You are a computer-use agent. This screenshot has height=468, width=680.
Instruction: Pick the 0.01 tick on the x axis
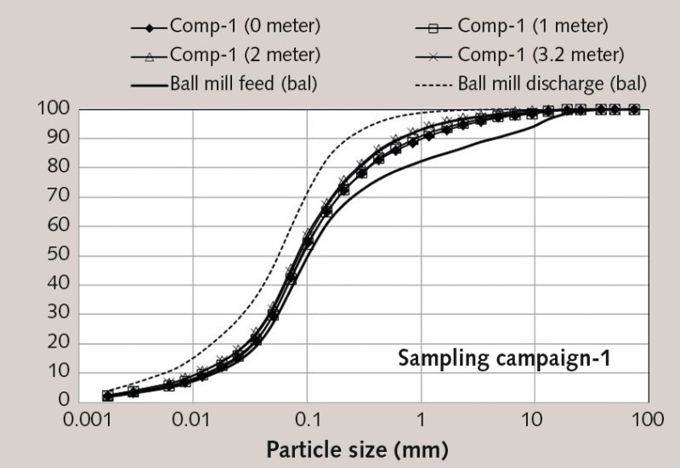(193, 419)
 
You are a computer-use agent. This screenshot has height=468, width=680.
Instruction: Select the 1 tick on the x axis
(420, 419)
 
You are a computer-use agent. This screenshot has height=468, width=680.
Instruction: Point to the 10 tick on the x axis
(534, 419)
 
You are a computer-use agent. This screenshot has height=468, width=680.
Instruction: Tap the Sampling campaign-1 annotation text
(505, 358)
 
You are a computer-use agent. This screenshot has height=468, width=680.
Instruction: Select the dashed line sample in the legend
(434, 84)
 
